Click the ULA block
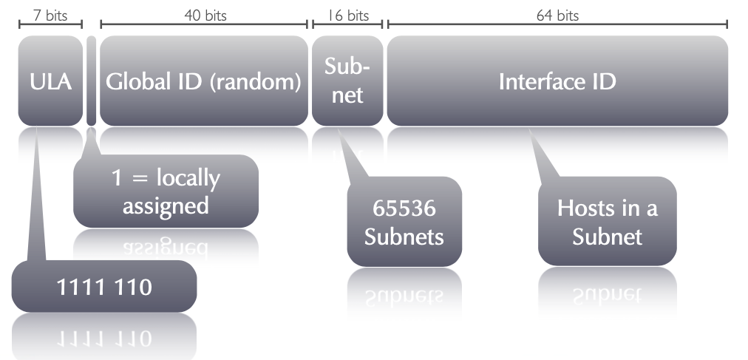50,81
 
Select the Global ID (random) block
203,81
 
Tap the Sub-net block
347,81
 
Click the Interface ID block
557,81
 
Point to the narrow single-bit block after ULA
92,81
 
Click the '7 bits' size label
50,15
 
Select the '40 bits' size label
204,15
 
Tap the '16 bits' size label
347,15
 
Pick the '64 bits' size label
557,15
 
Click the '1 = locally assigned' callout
166,191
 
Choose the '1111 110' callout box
104,286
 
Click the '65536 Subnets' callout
404,222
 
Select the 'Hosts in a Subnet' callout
607,222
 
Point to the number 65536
404,209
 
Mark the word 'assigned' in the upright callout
166,205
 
